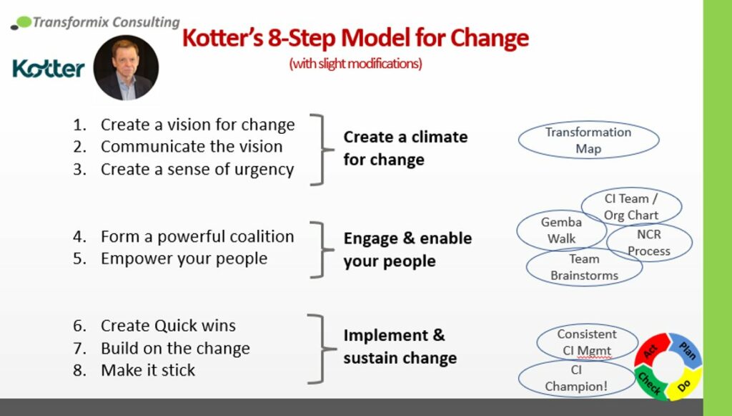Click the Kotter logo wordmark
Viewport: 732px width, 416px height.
[49, 69]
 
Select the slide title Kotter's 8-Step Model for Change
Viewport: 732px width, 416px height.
[355, 37]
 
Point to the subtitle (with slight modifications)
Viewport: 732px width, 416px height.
[355, 64]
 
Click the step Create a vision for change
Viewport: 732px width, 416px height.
[197, 125]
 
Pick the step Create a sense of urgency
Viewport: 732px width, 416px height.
[197, 170]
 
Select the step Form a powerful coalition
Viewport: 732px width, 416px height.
[197, 236]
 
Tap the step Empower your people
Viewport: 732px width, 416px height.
[184, 258]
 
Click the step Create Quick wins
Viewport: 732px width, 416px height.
[168, 326]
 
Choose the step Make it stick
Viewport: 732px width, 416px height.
[148, 370]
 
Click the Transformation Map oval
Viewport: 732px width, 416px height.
[588, 140]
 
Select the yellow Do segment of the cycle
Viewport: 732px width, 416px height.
[686, 383]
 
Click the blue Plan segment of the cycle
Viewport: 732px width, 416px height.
[686, 349]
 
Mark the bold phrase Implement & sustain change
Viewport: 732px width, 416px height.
[400, 347]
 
